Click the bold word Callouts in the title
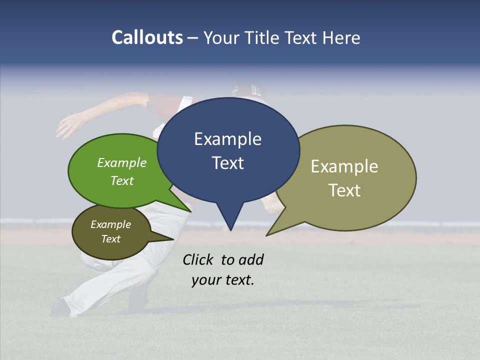click(147, 37)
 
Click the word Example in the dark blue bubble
click(227, 139)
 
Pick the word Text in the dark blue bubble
click(228, 163)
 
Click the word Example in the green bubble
click(122, 163)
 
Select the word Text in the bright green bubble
click(122, 180)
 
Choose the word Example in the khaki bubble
click(344, 166)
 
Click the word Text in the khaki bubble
click(345, 190)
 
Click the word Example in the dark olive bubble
click(111, 224)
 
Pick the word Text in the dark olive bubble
click(111, 239)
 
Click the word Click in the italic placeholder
click(197, 259)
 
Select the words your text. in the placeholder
click(223, 280)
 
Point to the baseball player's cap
click(247, 90)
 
